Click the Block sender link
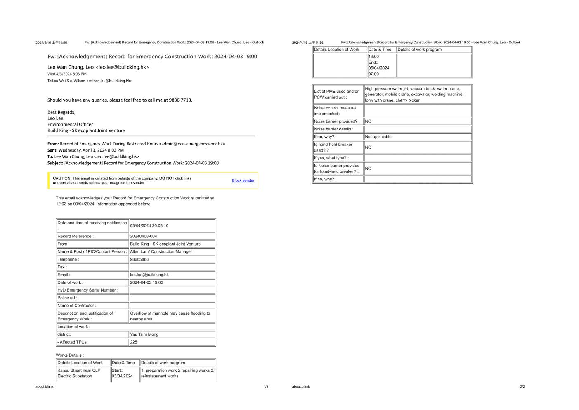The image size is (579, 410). pos(243,180)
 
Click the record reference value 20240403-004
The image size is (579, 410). pos(144,236)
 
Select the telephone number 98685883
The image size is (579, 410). pos(139,259)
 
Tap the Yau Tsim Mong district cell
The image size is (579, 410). pos(144,334)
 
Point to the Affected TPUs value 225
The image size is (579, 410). pos(134,342)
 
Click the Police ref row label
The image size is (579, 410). pos(67,298)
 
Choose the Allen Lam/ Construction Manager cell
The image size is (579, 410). pos(161,251)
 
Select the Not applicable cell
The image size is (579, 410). pos(378,137)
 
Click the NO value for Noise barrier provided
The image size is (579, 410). pos(368,121)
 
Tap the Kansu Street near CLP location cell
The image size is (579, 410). pos(79,373)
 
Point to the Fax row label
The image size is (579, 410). pos(62,267)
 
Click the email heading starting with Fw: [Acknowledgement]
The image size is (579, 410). pos(152,57)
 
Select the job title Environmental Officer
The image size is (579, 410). pos(70,124)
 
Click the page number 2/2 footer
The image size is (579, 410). pos(522,387)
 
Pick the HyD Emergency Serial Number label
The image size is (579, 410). pos(87,290)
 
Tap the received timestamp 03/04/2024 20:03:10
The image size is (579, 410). pos(149,225)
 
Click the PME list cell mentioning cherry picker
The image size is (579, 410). pos(414,94)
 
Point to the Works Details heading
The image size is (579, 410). pos(70,355)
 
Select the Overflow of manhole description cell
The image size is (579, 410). pos(170,316)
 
